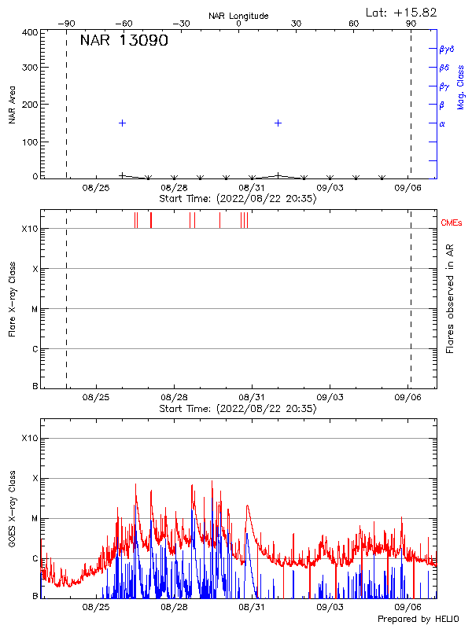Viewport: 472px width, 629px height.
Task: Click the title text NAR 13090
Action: [124, 41]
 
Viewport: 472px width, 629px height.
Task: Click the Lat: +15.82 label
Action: [402, 12]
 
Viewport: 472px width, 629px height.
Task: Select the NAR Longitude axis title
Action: [238, 16]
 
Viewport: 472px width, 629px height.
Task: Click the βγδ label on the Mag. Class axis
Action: [446, 49]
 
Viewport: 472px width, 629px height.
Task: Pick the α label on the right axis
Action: [442, 123]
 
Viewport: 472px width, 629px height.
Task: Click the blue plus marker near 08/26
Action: [122, 123]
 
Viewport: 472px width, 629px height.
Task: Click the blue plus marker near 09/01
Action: [278, 123]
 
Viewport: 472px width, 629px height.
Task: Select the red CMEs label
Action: [452, 223]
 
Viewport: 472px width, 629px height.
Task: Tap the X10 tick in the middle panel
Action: [31, 229]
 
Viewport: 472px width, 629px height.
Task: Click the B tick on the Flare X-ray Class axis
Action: [35, 387]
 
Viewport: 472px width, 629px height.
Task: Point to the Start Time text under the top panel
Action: [238, 200]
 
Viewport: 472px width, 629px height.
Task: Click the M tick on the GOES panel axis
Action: [34, 519]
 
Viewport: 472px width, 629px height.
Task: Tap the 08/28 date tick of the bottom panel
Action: [174, 608]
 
